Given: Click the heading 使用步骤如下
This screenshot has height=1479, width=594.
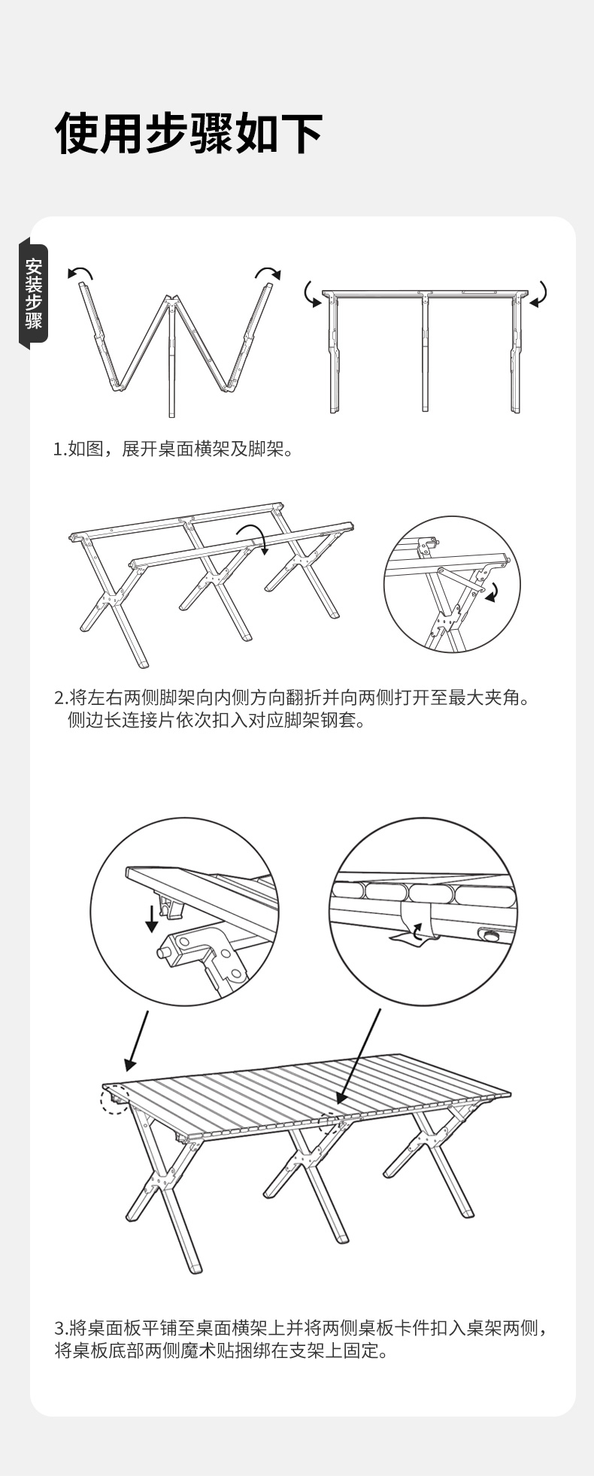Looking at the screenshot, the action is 189,134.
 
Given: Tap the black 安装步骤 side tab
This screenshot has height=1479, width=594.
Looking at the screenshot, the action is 34,293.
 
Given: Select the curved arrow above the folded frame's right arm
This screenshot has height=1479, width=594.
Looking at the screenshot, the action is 268,272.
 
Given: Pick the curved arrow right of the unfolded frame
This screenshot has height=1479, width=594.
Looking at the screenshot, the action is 541,295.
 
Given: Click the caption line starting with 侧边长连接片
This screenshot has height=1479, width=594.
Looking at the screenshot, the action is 217,721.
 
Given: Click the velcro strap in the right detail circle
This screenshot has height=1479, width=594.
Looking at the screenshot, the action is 413,921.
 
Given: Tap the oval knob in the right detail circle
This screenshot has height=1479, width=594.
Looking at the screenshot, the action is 492,936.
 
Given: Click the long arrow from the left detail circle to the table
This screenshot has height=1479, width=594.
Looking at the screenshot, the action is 137,1041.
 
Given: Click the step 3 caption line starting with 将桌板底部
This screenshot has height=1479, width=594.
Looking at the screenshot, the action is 223,1350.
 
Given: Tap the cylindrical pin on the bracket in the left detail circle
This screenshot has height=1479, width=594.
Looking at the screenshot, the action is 165,952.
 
